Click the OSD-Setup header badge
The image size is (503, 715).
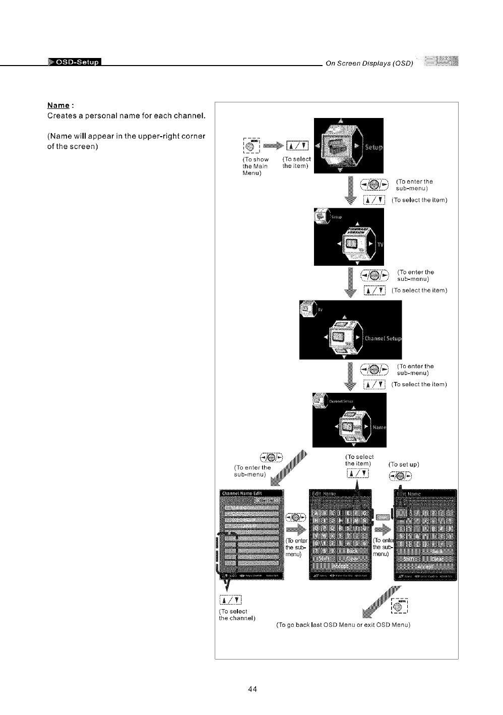[75, 63]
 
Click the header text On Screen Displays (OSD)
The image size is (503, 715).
[369, 63]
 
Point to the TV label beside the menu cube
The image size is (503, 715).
[380, 245]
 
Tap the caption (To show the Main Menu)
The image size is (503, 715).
[255, 166]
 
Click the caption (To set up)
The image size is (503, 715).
[404, 464]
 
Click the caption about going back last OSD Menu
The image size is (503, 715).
[344, 625]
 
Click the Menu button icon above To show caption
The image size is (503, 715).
[251, 146]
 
